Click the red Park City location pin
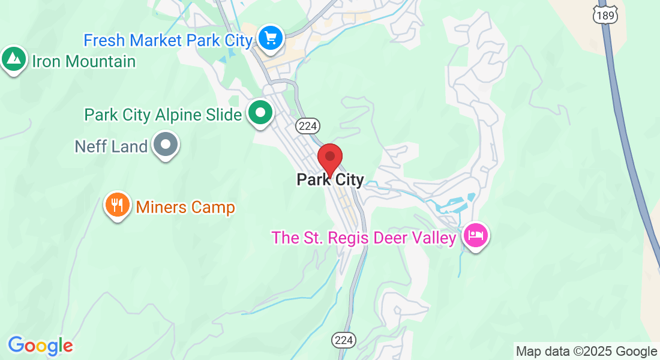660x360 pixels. pyautogui.click(x=329, y=158)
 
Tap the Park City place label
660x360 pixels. pyautogui.click(x=330, y=180)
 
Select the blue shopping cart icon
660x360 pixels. pyautogui.click(x=271, y=38)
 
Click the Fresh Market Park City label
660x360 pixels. pyautogui.click(x=168, y=41)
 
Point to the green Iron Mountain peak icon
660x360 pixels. pyautogui.click(x=14, y=59)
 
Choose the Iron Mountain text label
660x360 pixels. pyautogui.click(x=83, y=61)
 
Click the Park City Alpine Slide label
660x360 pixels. pyautogui.click(x=163, y=115)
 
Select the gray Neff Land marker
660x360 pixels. pyautogui.click(x=166, y=145)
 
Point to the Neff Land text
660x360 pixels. pyautogui.click(x=111, y=146)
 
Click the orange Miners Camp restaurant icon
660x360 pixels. pyautogui.click(x=118, y=205)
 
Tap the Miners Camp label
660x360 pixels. pyautogui.click(x=185, y=208)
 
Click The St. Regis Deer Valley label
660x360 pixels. pyautogui.click(x=364, y=238)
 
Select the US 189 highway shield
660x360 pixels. pyautogui.click(x=605, y=16)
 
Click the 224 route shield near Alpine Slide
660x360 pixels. pyautogui.click(x=308, y=125)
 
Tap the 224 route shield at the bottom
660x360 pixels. pyautogui.click(x=344, y=340)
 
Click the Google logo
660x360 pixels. pyautogui.click(x=40, y=346)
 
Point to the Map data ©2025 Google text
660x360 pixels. pyautogui.click(x=586, y=352)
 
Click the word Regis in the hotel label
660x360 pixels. pyautogui.click(x=340, y=238)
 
